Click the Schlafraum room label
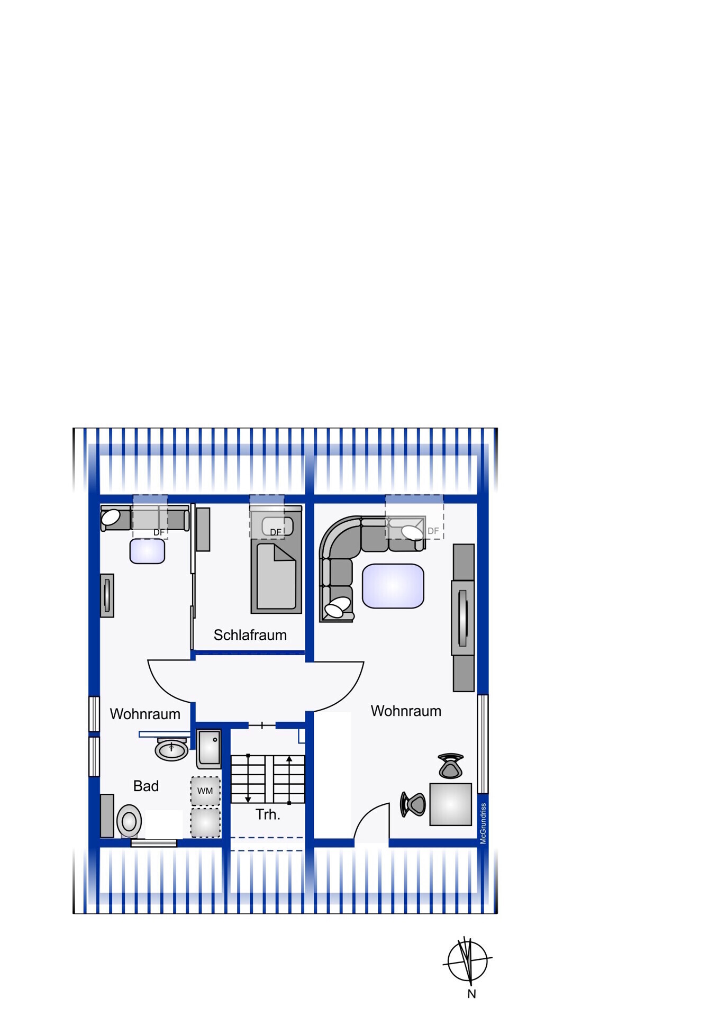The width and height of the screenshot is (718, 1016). coord(250,635)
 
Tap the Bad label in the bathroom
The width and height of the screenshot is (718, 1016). coord(146,786)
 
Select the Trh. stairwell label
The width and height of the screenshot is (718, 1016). coord(268,814)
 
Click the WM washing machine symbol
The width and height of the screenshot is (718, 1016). coord(205,791)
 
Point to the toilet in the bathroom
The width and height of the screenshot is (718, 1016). coord(129,821)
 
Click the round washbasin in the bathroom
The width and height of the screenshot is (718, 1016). coord(171,749)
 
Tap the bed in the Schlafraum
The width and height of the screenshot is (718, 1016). coord(276,559)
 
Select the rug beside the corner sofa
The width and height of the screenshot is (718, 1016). coord(393,586)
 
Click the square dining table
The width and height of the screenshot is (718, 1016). coord(450,804)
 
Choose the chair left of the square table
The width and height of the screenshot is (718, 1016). coord(413,804)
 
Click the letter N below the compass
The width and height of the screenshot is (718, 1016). coord(471,994)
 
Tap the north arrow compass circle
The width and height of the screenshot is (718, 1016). coord(467,961)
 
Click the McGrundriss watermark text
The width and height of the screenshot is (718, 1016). coord(483,823)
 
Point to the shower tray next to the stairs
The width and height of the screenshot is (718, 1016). coord(209,749)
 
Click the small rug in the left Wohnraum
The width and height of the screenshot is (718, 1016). coord(147,551)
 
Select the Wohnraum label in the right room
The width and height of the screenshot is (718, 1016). coord(406,711)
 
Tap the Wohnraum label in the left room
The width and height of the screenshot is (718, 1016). coord(145,714)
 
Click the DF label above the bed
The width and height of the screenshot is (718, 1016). coord(276,532)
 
